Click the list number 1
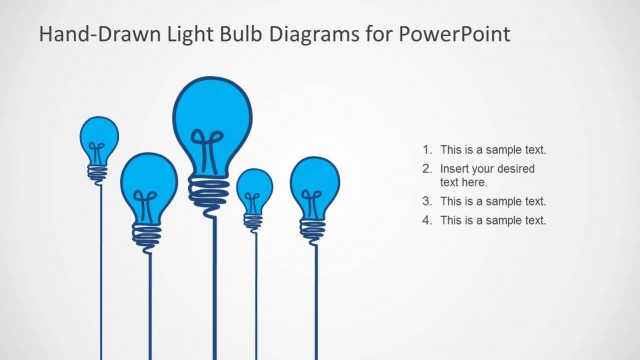pyautogui.click(x=427, y=150)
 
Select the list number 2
pyautogui.click(x=427, y=168)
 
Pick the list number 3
pyautogui.click(x=427, y=201)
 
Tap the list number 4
pyautogui.click(x=427, y=220)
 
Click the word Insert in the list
pyautogui.click(x=456, y=168)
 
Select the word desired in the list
pyautogui.click(x=514, y=168)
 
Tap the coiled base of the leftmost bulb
pyautogui.click(x=98, y=173)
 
